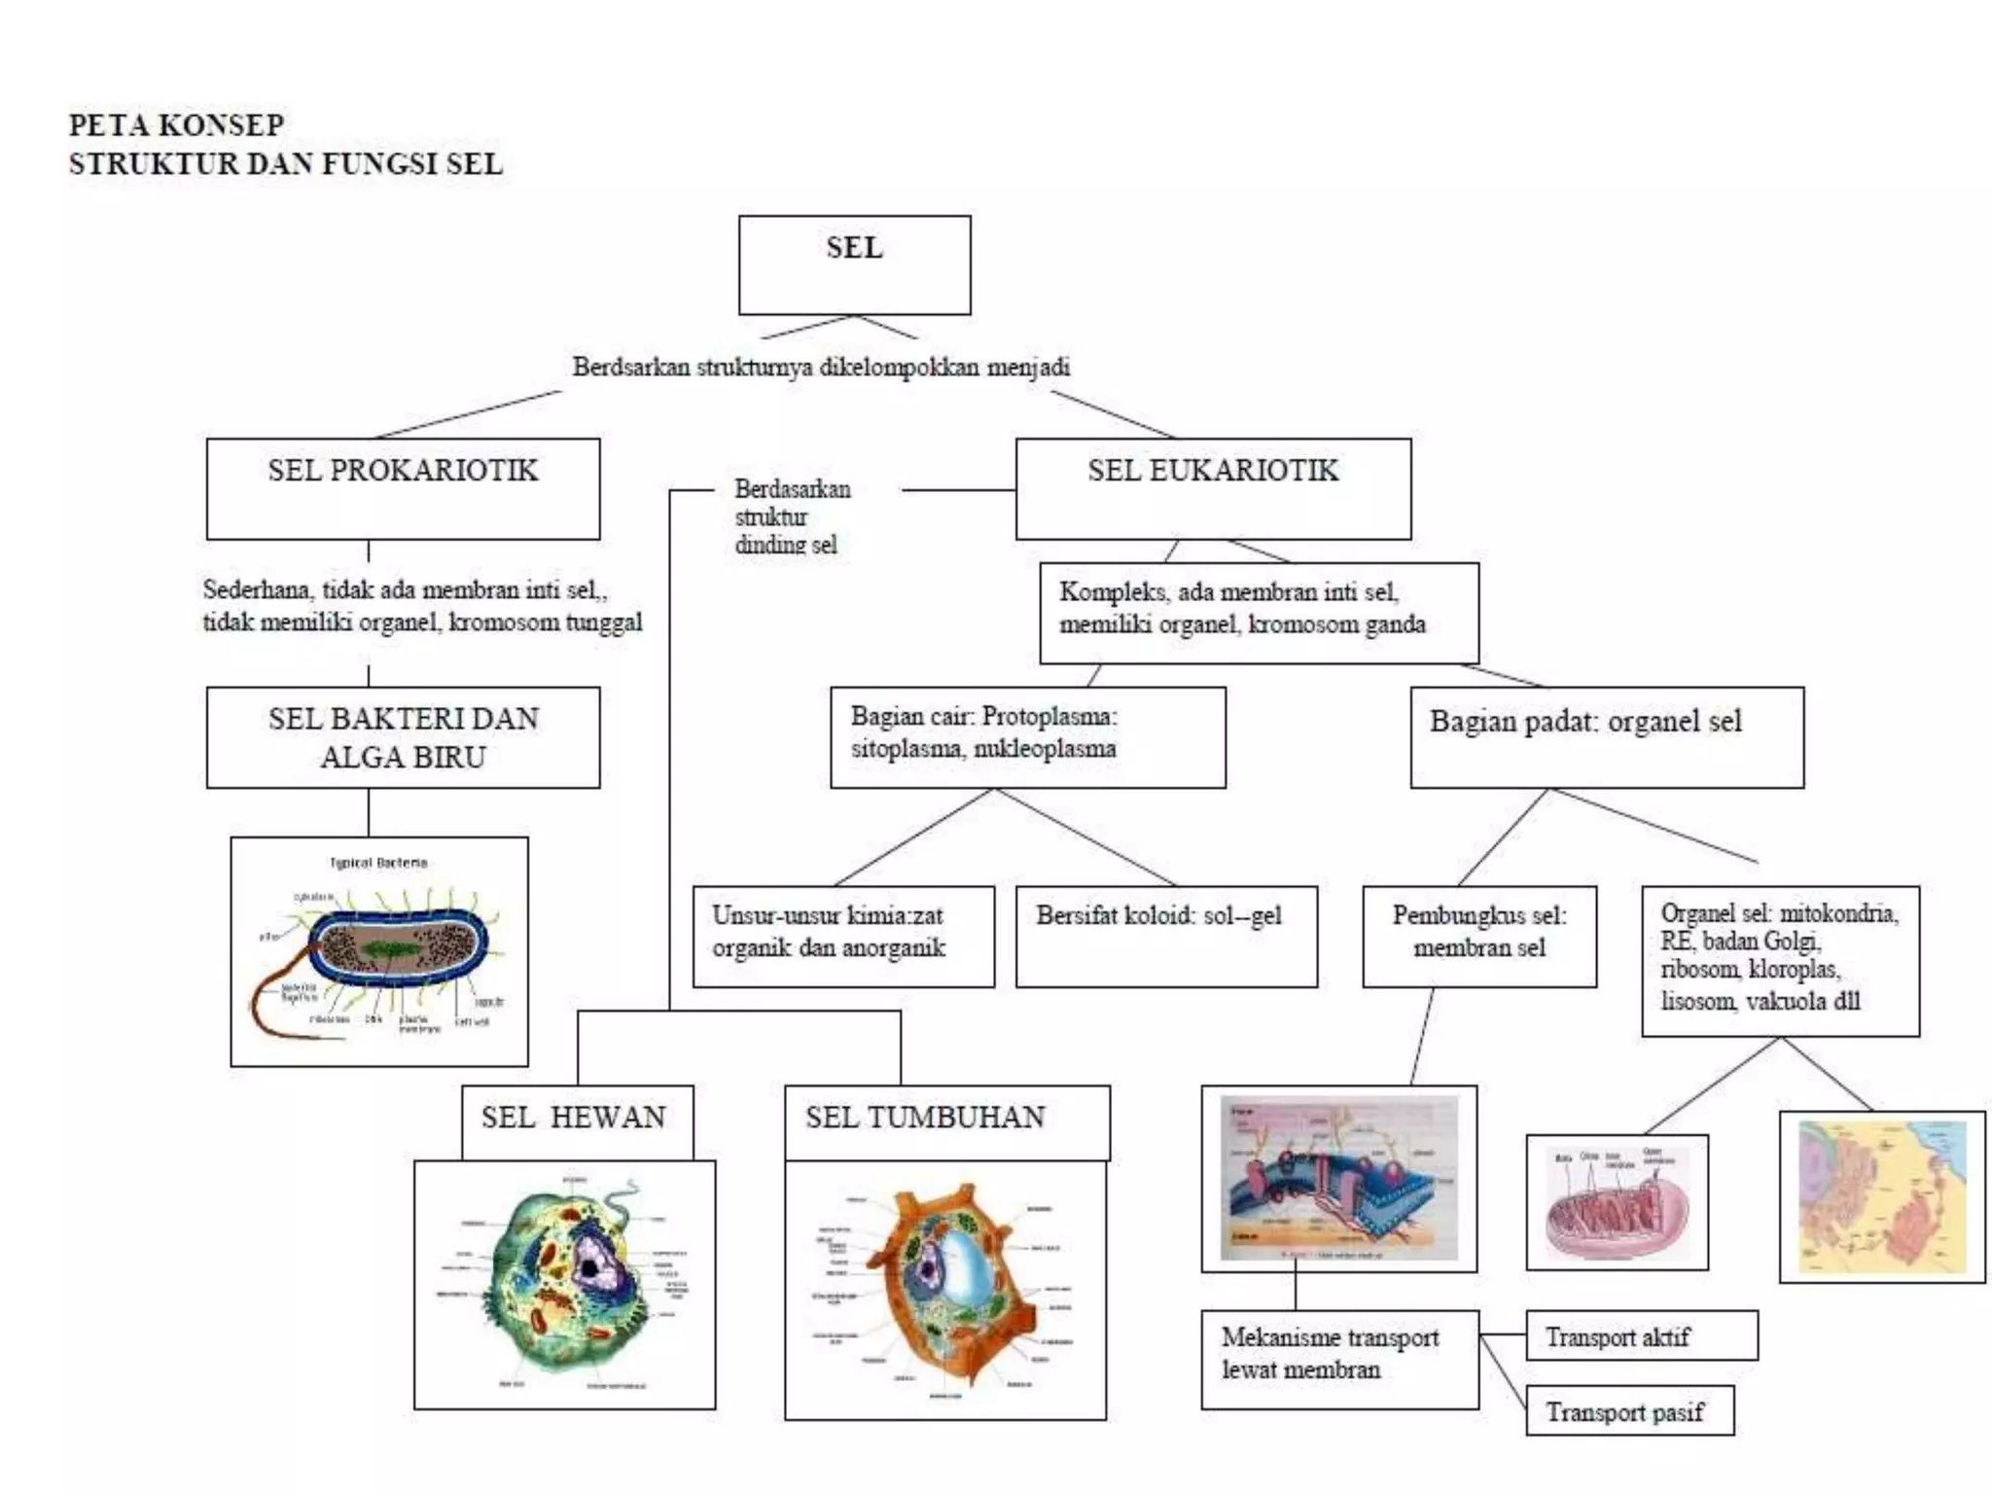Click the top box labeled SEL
(x=854, y=265)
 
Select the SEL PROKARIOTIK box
(x=403, y=488)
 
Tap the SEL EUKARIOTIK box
(x=1213, y=488)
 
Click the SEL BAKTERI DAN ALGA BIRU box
(x=403, y=737)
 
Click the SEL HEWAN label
(x=575, y=1118)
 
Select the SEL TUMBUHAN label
(x=926, y=1118)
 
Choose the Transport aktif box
(x=1641, y=1336)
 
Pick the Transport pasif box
(x=1629, y=1411)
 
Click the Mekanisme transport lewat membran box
(x=1338, y=1359)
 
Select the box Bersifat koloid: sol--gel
(x=1165, y=936)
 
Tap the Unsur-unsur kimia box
(x=842, y=936)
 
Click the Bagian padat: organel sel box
(x=1606, y=737)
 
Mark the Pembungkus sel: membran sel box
(x=1478, y=936)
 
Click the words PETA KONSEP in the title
(x=176, y=125)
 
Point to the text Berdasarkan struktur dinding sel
(x=791, y=516)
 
